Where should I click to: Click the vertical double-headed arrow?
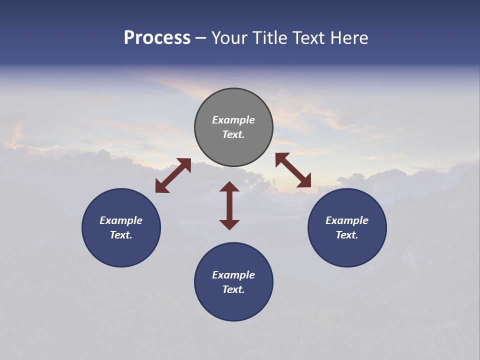coord(229,205)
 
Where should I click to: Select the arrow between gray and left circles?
coord(173,175)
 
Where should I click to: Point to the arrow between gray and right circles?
coord(293,170)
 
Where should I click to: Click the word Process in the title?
coord(157,38)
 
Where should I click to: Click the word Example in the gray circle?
coord(233,120)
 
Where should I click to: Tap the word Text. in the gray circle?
coord(233,134)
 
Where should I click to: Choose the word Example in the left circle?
coord(121,220)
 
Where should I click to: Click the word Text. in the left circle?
coord(121,235)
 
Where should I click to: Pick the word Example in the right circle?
coord(347,220)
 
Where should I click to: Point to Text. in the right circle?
coord(347,235)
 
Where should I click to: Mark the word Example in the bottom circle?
coord(233,275)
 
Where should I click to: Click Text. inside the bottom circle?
coord(233,289)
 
